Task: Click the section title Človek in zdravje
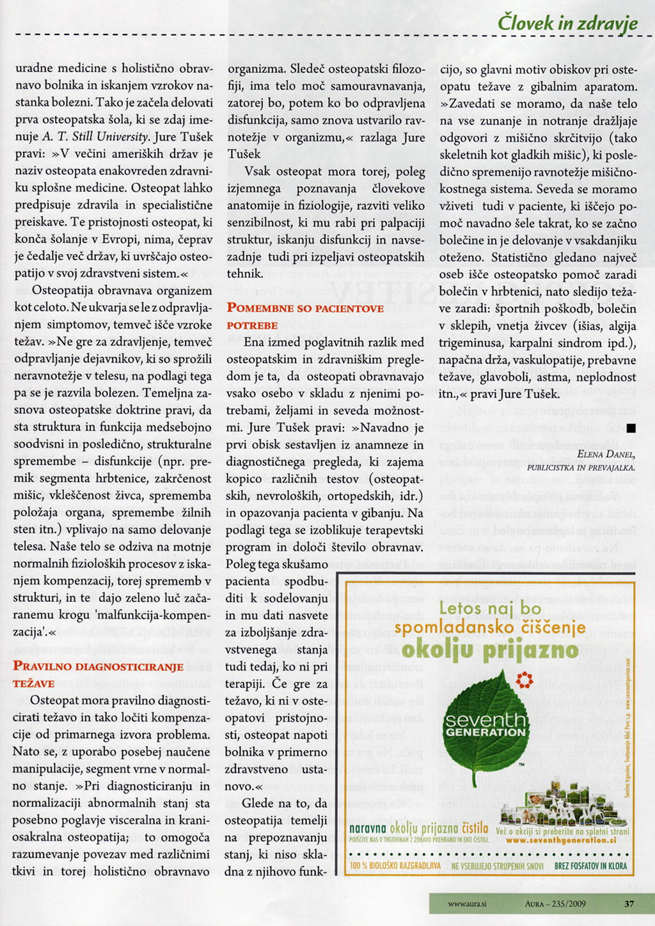tap(567, 23)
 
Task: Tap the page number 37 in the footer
tap(629, 904)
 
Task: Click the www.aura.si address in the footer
tap(467, 904)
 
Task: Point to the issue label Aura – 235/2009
tap(555, 904)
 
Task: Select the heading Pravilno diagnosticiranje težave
tap(98, 675)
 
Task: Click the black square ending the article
tap(631, 428)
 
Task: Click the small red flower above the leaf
tap(524, 680)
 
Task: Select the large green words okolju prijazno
tap(487, 650)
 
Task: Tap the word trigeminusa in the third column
tap(470, 343)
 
